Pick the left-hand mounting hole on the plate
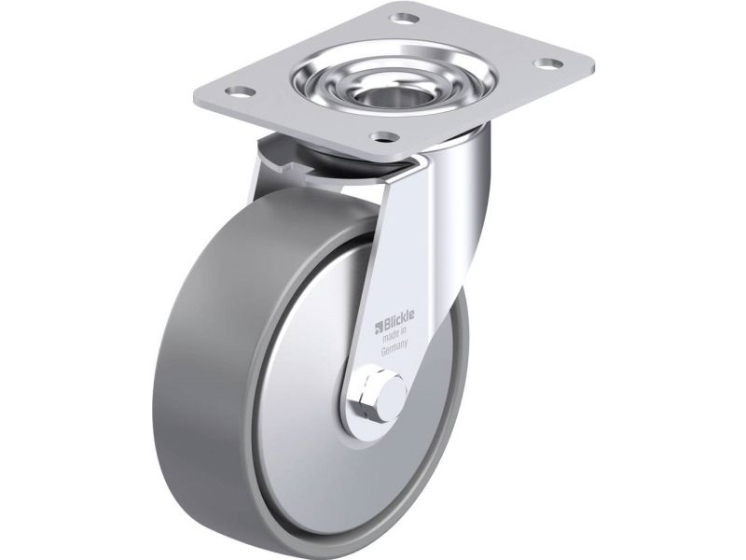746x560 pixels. [x=239, y=90]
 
